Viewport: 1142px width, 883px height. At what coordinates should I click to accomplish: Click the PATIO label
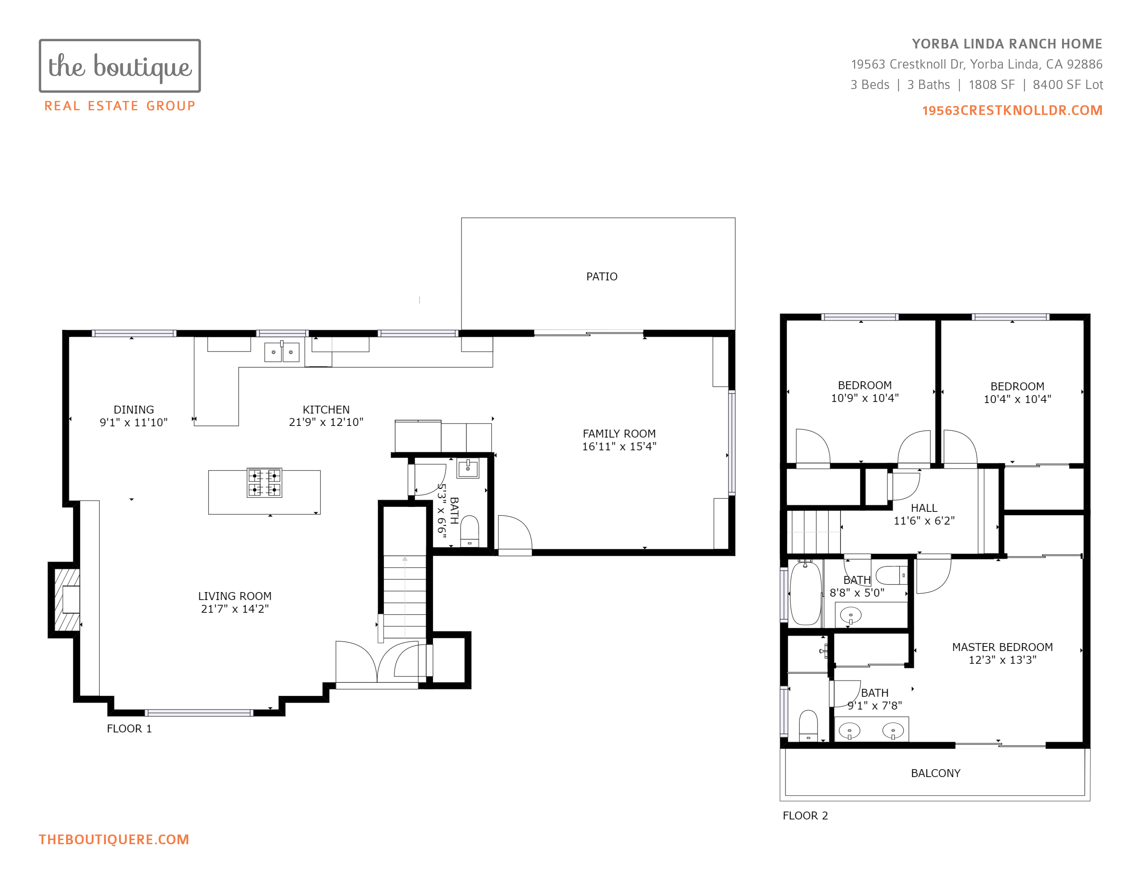(x=601, y=277)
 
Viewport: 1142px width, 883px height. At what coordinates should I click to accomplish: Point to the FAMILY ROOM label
(x=619, y=434)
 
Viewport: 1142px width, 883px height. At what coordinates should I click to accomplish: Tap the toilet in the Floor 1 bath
(x=470, y=531)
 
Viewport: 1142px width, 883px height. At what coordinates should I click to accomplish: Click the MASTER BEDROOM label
(x=1003, y=647)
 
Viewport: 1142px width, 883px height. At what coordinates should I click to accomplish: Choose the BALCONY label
(x=935, y=773)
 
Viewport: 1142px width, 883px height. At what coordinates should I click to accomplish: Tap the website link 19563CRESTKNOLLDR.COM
(x=1012, y=110)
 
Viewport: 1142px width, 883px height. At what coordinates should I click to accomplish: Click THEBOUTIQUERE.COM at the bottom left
(x=114, y=840)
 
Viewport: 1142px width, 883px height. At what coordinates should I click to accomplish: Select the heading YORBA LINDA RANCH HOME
(x=1007, y=44)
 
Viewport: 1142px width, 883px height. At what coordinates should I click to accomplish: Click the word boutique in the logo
(x=143, y=67)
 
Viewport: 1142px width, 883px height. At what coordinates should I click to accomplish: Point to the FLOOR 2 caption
(x=805, y=815)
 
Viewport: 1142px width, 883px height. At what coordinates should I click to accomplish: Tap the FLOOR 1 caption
(x=129, y=729)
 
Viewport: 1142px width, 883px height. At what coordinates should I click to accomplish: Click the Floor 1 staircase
(x=405, y=596)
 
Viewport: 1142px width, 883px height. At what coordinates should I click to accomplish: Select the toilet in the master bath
(x=808, y=725)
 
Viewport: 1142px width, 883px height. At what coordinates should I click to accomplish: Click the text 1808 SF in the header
(x=991, y=85)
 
